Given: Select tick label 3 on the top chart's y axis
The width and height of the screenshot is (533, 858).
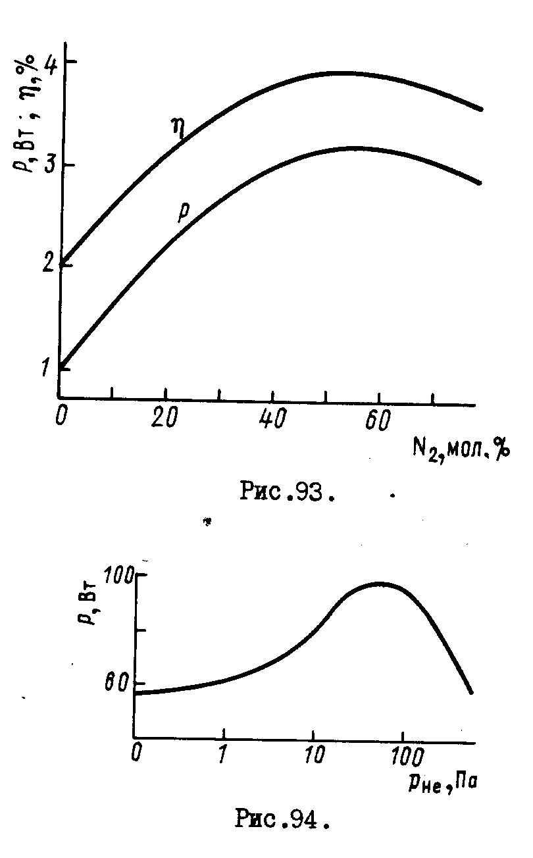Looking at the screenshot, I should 48,164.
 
